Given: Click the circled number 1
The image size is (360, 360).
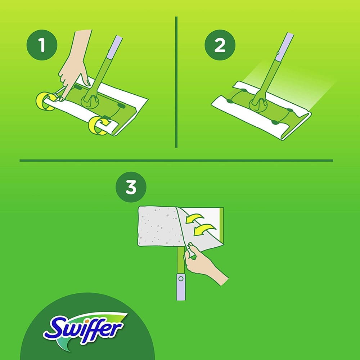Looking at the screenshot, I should tap(42, 46).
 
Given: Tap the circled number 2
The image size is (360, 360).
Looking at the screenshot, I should tap(220, 46).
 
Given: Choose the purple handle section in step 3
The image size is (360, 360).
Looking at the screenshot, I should tap(181, 286).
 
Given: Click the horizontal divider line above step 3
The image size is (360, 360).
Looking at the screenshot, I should tap(176, 161).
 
